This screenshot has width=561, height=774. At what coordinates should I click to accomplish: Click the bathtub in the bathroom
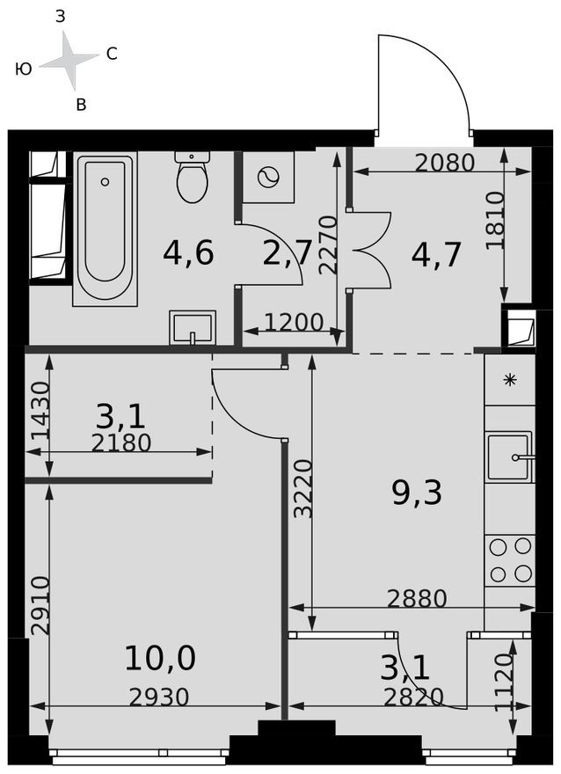(105, 230)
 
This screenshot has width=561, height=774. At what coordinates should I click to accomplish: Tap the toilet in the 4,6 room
(192, 179)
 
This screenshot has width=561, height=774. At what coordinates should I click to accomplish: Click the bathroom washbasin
(193, 328)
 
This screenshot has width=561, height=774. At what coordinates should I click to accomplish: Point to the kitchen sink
(509, 456)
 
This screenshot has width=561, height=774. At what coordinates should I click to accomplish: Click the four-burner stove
(510, 560)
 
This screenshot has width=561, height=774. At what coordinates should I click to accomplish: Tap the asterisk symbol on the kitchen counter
(509, 380)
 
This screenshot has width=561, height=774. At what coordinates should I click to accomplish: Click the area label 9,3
(417, 493)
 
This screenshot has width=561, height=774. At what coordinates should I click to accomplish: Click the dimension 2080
(445, 162)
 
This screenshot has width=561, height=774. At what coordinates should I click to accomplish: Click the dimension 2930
(159, 697)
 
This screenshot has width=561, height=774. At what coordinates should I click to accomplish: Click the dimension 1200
(295, 322)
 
